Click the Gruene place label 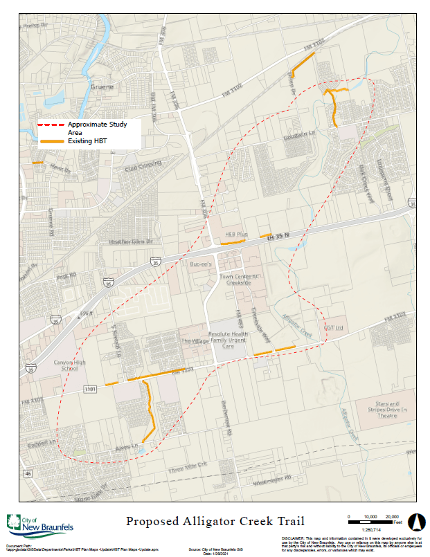tap(101, 87)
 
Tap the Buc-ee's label tap(200, 264)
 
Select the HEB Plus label tap(236, 235)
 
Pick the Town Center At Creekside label tap(239, 280)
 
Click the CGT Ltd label tap(334, 327)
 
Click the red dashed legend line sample tap(51, 125)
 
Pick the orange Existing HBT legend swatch tap(51, 141)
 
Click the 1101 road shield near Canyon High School tap(89, 390)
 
